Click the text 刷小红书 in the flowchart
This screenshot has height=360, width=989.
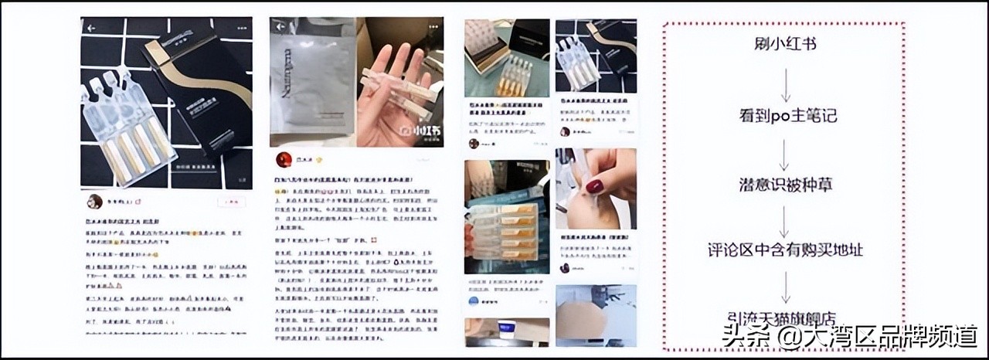[x=784, y=44]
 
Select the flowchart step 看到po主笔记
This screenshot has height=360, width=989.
[x=784, y=117]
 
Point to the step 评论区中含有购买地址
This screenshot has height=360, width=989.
[x=784, y=251]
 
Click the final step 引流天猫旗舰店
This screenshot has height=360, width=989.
[x=784, y=318]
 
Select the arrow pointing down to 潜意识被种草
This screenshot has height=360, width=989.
[x=784, y=154]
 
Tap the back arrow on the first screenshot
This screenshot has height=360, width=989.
[x=90, y=27]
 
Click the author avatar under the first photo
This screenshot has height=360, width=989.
[x=94, y=202]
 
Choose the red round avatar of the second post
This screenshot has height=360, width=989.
[x=283, y=160]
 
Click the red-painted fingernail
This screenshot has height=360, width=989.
[x=594, y=187]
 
